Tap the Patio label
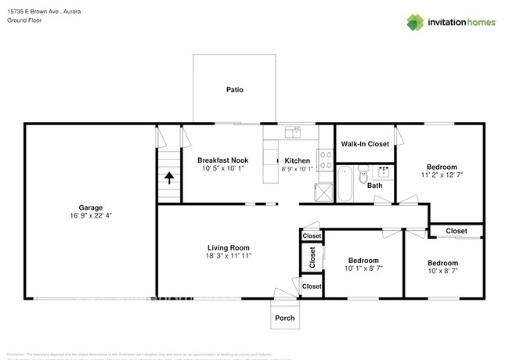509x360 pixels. pos(234,90)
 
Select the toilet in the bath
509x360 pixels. pos(363,176)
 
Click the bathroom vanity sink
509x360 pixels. pos(384,171)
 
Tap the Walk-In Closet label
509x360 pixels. pos(365,144)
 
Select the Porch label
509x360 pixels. pos(283,318)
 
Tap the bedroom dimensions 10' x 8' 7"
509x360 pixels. pos(442,272)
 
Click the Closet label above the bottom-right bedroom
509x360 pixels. pos(457,231)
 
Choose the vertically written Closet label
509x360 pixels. pos(312,257)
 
